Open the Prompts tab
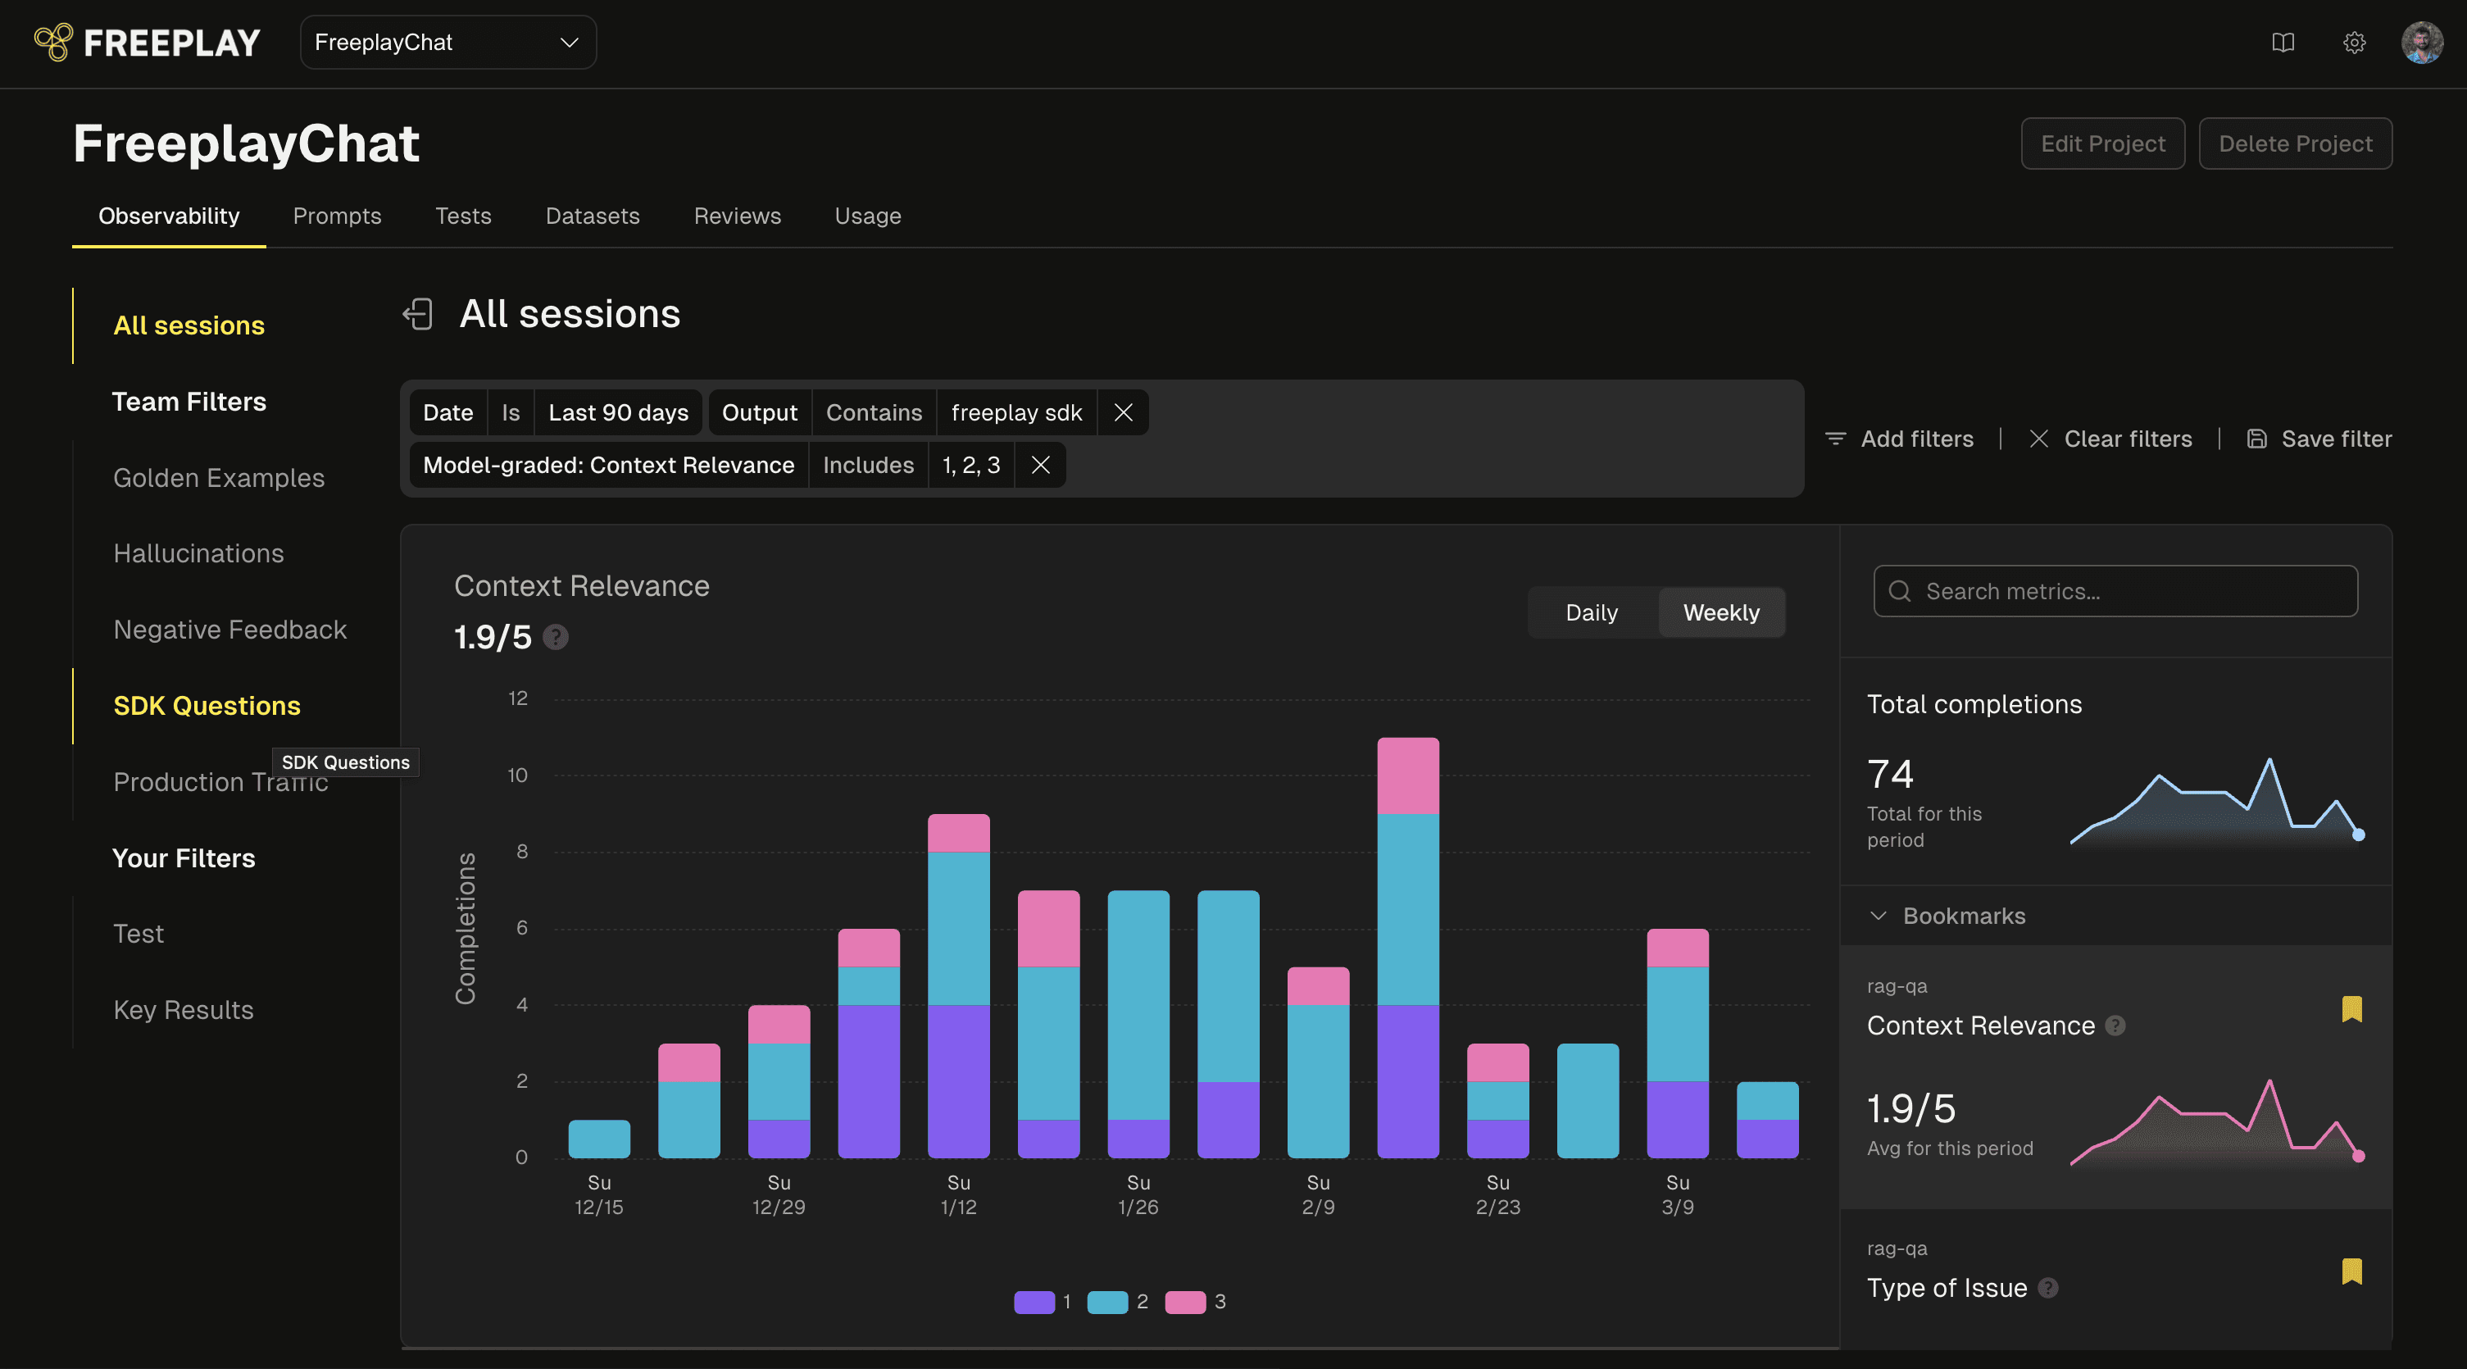pyautogui.click(x=337, y=216)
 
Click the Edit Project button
pyautogui.click(x=2103, y=143)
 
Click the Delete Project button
pyautogui.click(x=2296, y=143)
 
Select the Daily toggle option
pyautogui.click(x=1592, y=613)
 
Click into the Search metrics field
pyautogui.click(x=2115, y=591)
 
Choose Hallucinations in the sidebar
pyautogui.click(x=198, y=553)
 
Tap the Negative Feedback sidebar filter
pyautogui.click(x=229, y=630)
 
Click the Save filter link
pyautogui.click(x=2319, y=439)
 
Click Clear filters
pyautogui.click(x=2110, y=439)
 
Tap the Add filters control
pyautogui.click(x=1899, y=439)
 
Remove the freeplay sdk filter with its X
pyautogui.click(x=1124, y=413)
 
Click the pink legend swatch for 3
pyautogui.click(x=1184, y=1302)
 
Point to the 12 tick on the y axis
pyautogui.click(x=518, y=698)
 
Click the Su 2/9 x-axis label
pyautogui.click(x=1318, y=1194)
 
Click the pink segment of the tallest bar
pyautogui.click(x=1408, y=776)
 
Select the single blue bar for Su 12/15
pyautogui.click(x=599, y=1139)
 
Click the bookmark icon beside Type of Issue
pyautogui.click(x=2352, y=1271)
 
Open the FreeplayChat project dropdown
pyautogui.click(x=448, y=42)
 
